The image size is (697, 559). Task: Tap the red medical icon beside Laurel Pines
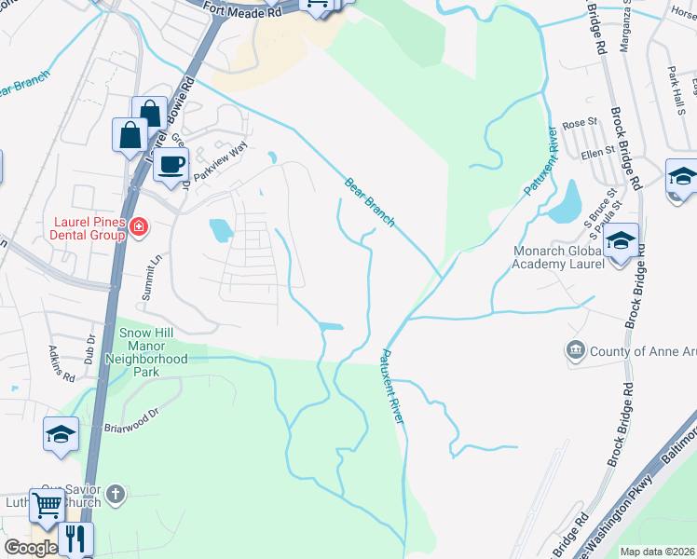(x=140, y=226)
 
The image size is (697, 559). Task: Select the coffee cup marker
(x=171, y=166)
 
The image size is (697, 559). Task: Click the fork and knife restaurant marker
(x=75, y=539)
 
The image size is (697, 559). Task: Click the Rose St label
(x=579, y=123)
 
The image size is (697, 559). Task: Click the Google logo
(x=31, y=548)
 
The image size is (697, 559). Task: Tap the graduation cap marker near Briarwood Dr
(x=61, y=435)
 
